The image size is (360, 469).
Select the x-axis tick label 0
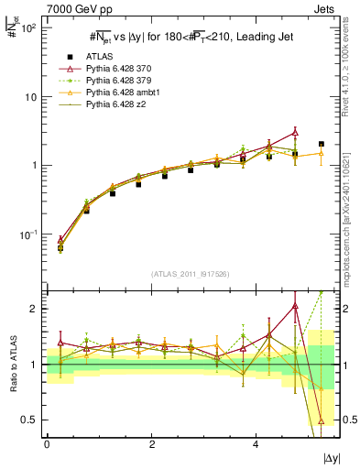[x=47, y=443]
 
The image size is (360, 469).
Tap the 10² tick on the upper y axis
[x=28, y=27]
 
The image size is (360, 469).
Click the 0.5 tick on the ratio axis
[x=29, y=420]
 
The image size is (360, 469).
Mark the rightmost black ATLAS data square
[x=321, y=144]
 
